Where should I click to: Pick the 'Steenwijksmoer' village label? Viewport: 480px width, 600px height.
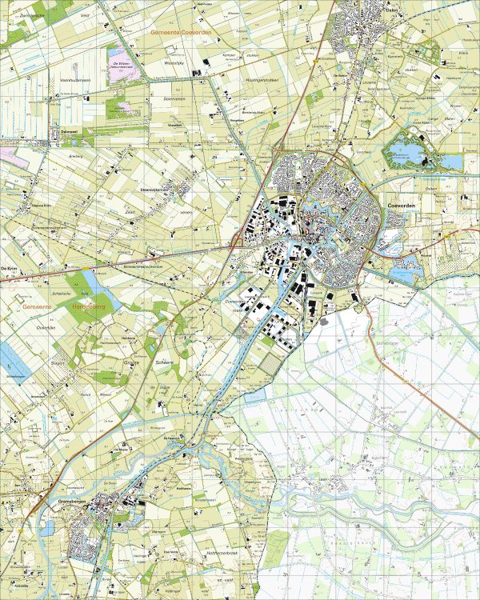pyautogui.click(x=156, y=190)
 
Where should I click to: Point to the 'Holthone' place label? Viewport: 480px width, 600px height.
pyautogui.click(x=184, y=486)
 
